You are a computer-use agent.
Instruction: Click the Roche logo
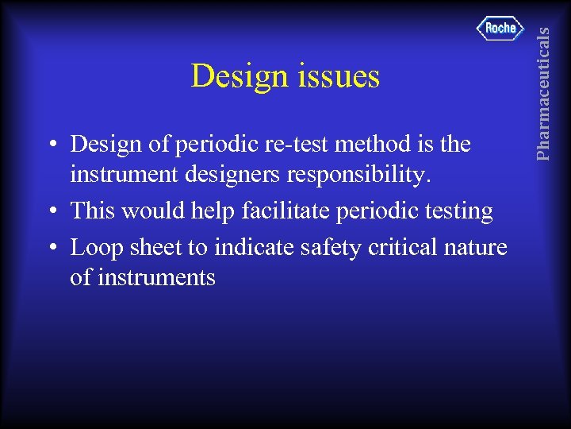coord(500,29)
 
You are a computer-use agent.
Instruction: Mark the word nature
coord(478,248)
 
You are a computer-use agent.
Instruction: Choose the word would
coord(156,211)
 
